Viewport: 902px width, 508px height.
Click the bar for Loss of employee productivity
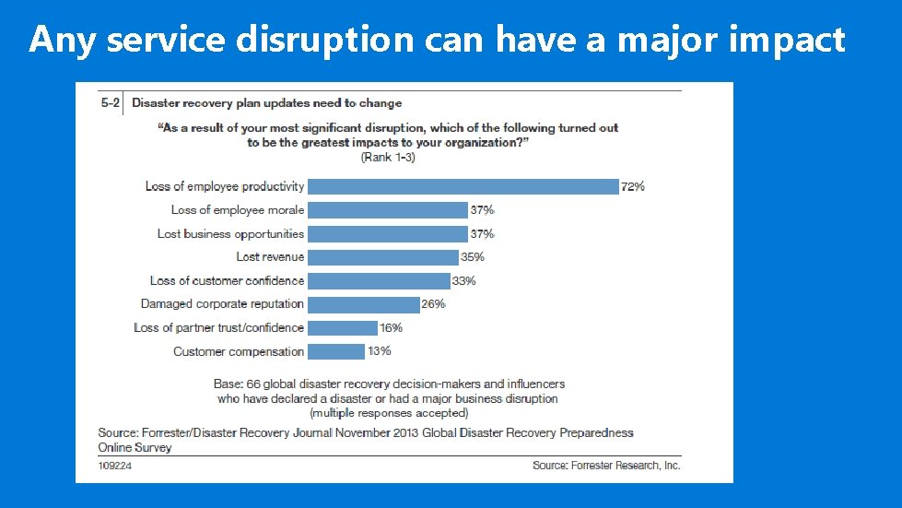(x=463, y=186)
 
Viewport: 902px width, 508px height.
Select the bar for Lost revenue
(x=382, y=257)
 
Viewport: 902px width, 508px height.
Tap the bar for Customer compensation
(x=335, y=351)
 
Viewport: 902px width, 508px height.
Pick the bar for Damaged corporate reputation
(x=364, y=304)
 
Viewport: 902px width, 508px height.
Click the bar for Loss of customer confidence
(x=379, y=280)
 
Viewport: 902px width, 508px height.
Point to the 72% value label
(x=633, y=186)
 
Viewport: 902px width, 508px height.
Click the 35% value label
(x=473, y=257)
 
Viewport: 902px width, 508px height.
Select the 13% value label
(x=379, y=351)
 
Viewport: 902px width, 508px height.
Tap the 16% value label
(x=392, y=327)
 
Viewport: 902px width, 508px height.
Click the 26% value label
(x=434, y=304)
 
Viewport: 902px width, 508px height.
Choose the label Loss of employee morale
(x=237, y=210)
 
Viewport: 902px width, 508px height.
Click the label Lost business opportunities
(x=230, y=233)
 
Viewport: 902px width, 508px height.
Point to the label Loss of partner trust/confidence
(x=218, y=327)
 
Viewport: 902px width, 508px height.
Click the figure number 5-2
(x=110, y=103)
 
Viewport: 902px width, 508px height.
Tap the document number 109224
(x=116, y=466)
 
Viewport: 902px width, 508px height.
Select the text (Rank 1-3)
(x=388, y=158)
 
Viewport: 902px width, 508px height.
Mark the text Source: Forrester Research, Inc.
(x=606, y=466)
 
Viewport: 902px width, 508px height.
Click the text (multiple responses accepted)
(x=389, y=413)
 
